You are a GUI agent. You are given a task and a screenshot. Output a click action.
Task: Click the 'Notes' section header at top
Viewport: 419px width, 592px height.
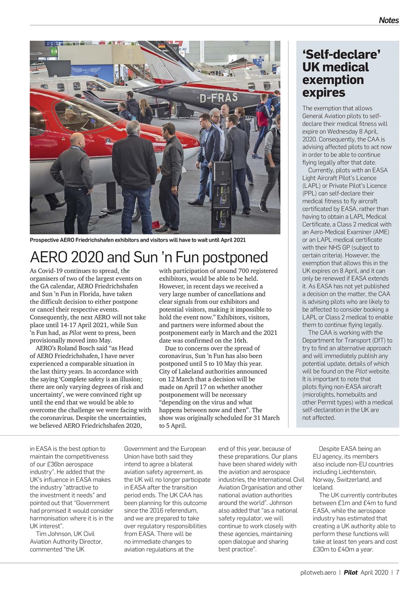click(388, 20)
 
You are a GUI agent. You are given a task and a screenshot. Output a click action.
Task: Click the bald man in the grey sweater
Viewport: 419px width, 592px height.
click(73, 173)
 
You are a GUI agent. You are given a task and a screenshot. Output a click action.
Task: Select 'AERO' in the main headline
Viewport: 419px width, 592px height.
click(50, 257)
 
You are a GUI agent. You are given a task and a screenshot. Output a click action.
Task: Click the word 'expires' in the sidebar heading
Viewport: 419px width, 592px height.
click(324, 93)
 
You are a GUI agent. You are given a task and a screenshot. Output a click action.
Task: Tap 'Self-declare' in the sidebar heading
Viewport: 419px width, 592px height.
click(341, 55)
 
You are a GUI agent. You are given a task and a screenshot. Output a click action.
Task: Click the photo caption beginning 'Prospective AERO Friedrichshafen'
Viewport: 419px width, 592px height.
click(138, 240)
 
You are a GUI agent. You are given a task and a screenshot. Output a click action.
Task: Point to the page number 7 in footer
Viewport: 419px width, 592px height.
click(397, 572)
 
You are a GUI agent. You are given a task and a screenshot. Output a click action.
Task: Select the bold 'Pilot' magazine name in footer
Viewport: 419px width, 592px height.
click(350, 572)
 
